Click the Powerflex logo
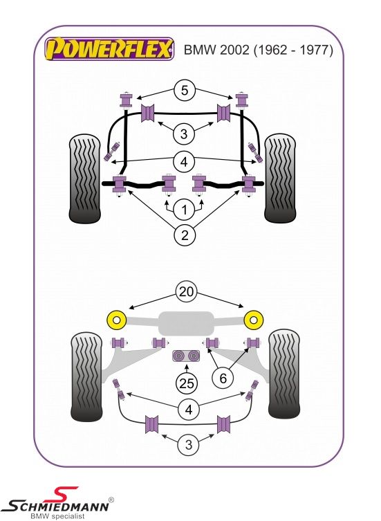coord(109,49)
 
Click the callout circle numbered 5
coord(185,91)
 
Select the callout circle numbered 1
coord(185,210)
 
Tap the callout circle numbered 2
coord(185,235)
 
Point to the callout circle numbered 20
coord(186,292)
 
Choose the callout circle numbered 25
coord(186,383)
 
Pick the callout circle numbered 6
coord(223,378)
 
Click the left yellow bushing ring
coord(117,320)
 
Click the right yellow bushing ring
coord(254,320)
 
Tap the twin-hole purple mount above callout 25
coord(186,356)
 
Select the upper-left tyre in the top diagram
coord(84,179)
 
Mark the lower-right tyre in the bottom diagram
coord(284,374)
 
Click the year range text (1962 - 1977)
coord(293,50)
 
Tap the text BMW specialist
coord(57,516)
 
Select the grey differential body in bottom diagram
coord(185,323)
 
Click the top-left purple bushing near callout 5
coord(126,100)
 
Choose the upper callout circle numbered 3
coord(184,134)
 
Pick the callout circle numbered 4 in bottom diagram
coord(188,410)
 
